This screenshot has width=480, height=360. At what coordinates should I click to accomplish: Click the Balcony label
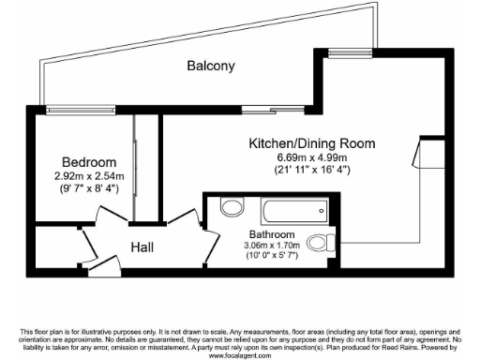(210, 67)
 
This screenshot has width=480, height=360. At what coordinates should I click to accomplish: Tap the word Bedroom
(89, 161)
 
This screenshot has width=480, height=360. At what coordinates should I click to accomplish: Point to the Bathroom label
(272, 233)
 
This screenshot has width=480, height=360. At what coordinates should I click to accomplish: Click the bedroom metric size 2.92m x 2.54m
(89, 175)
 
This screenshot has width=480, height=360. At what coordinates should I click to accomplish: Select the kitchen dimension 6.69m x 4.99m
(311, 157)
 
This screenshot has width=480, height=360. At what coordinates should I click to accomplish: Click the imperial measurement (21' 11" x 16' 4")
(311, 171)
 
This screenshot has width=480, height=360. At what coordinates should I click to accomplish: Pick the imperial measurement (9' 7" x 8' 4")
(89, 187)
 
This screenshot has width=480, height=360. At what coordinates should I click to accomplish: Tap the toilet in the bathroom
(321, 242)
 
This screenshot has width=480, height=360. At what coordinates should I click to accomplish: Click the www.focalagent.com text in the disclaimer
(240, 356)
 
